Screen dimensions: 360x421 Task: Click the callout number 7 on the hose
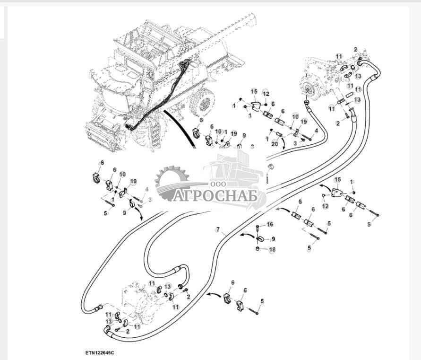pos(218,230)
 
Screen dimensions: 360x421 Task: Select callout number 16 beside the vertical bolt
pos(270,224)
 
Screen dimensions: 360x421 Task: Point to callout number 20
pos(275,144)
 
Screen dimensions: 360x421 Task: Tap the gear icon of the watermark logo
pos(171,182)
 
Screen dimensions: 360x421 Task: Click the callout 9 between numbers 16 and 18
pos(273,238)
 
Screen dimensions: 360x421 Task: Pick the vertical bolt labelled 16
pos(258,230)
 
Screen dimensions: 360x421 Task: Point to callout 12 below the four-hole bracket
pos(325,206)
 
